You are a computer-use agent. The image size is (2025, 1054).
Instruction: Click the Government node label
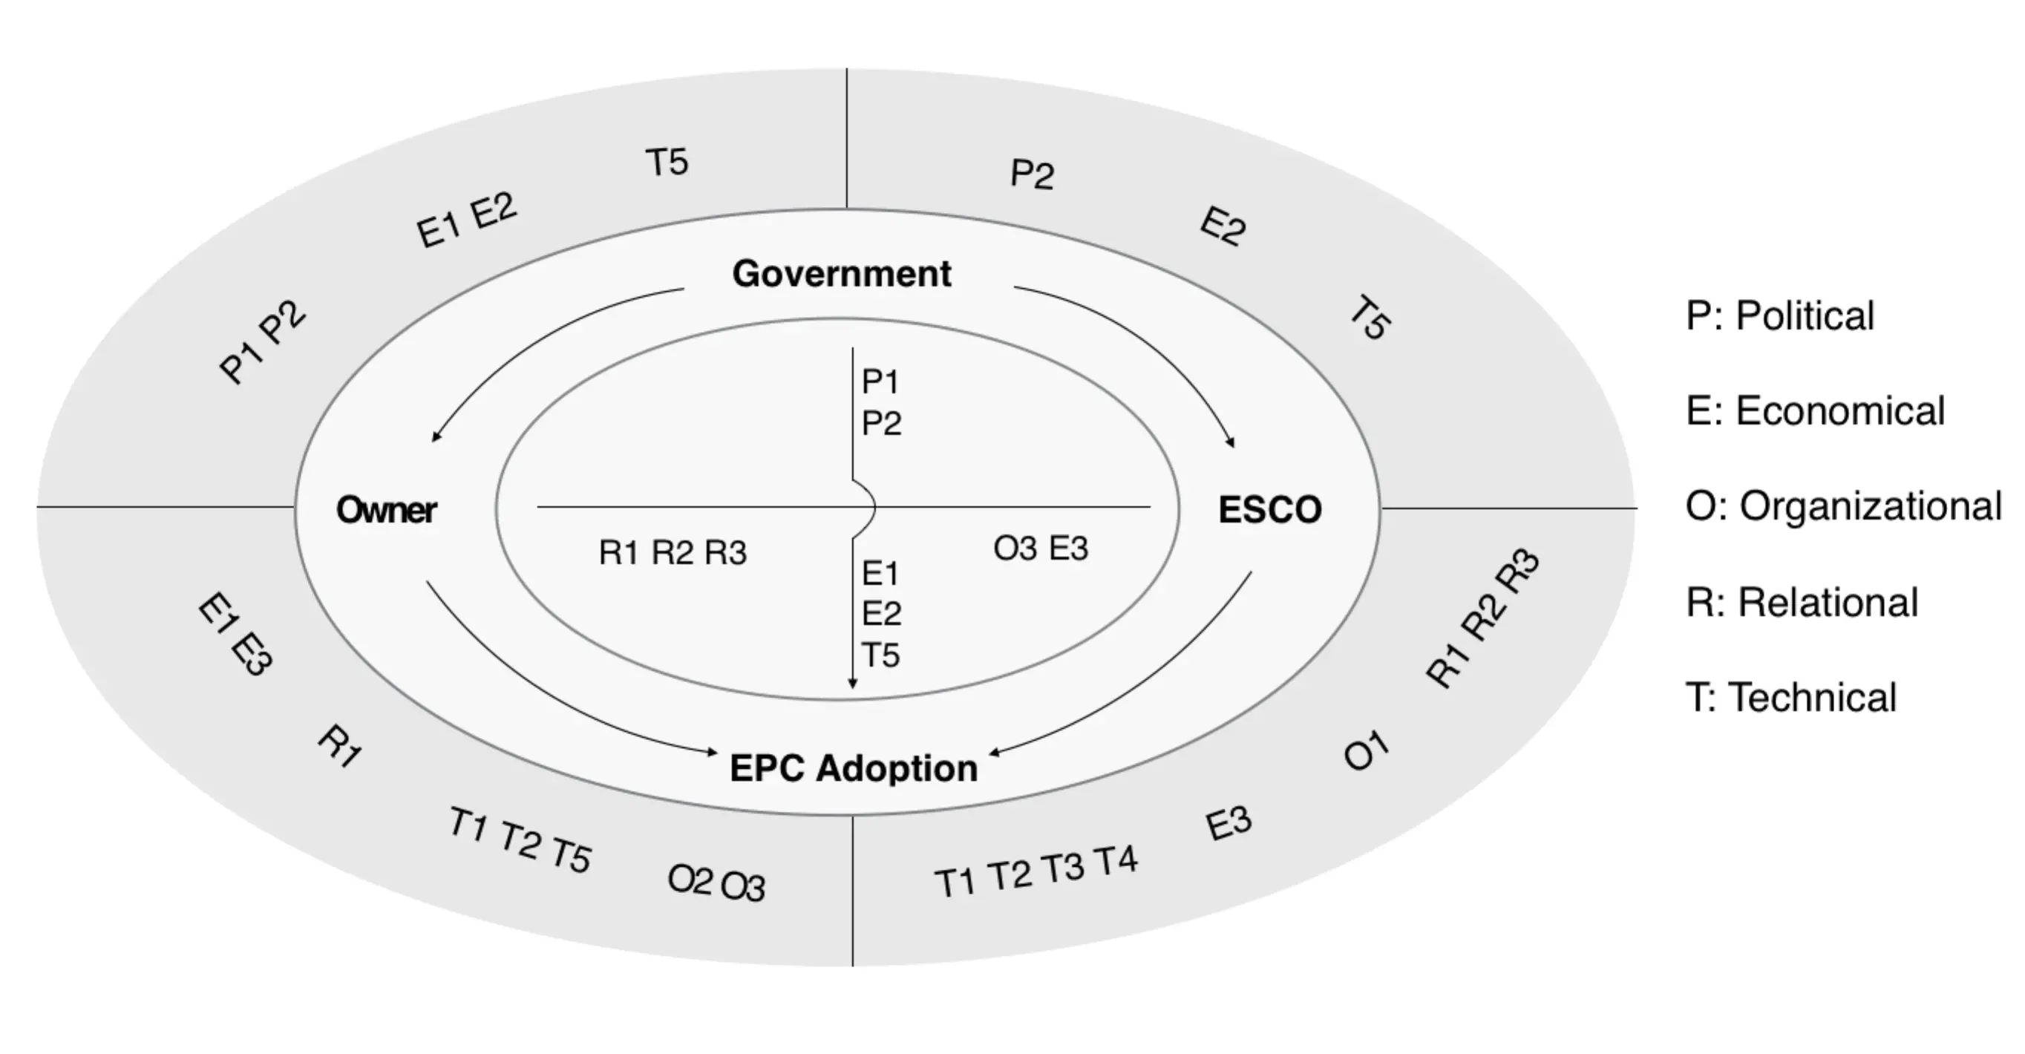pos(841,274)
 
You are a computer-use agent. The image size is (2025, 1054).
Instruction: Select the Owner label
pos(386,510)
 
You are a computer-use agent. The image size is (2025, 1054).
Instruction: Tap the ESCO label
pos(1269,510)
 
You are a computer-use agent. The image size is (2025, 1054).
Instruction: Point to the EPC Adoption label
pos(854,768)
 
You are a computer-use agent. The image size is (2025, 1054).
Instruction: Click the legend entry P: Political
pos(1780,316)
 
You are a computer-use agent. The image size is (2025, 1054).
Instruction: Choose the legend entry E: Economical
pos(1815,411)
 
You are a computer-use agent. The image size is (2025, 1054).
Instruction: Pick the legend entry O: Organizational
pos(1843,506)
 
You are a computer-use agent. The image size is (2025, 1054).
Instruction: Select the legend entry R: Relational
pos(1802,603)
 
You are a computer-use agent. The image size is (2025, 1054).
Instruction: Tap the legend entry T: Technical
pos(1790,698)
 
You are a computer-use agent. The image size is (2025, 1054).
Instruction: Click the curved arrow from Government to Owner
pos(534,338)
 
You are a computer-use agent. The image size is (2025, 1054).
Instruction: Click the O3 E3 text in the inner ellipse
pos(1041,549)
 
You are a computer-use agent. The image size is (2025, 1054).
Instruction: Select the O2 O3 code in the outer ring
pos(716,883)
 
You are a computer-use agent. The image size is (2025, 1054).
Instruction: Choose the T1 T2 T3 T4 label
pos(1036,871)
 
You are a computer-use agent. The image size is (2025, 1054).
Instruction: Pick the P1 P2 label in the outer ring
pos(263,342)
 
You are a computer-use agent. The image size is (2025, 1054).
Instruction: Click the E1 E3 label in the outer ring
pos(235,635)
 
